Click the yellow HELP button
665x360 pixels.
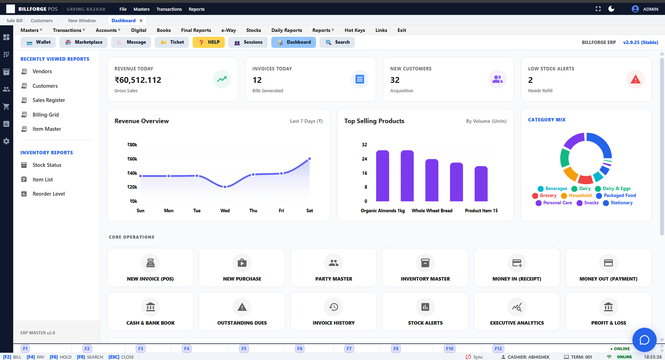[208, 42]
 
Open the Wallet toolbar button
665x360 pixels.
[39, 42]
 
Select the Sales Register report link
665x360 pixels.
[49, 100]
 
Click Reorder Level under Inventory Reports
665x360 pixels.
[48, 194]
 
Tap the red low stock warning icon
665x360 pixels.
[635, 79]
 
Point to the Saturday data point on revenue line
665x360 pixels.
[309, 159]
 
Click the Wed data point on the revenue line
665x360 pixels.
[225, 187]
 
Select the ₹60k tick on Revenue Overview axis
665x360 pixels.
[132, 159]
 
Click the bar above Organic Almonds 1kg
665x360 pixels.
[383, 176]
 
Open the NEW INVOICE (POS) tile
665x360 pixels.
[150, 267]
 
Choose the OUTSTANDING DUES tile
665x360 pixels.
[242, 311]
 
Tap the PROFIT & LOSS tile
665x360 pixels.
[608, 311]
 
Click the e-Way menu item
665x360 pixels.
[228, 30]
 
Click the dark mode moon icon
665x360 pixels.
[611, 9]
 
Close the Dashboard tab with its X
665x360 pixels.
[141, 21]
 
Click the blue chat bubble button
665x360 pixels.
[644, 340]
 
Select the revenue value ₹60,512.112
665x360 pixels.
[138, 80]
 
